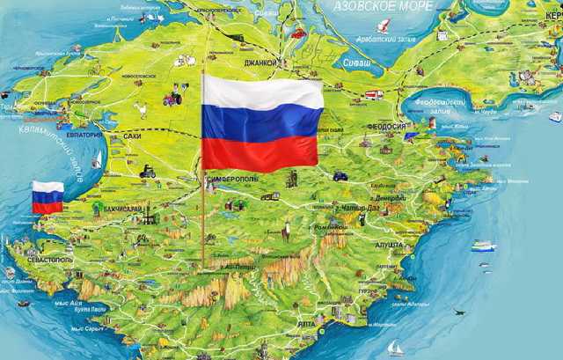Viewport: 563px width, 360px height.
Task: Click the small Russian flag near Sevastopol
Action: [x=48, y=197]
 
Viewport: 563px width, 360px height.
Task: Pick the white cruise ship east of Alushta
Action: [x=483, y=246]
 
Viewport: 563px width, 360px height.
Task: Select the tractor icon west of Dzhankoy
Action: [x=180, y=88]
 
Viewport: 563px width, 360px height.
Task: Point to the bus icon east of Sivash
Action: [x=371, y=93]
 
